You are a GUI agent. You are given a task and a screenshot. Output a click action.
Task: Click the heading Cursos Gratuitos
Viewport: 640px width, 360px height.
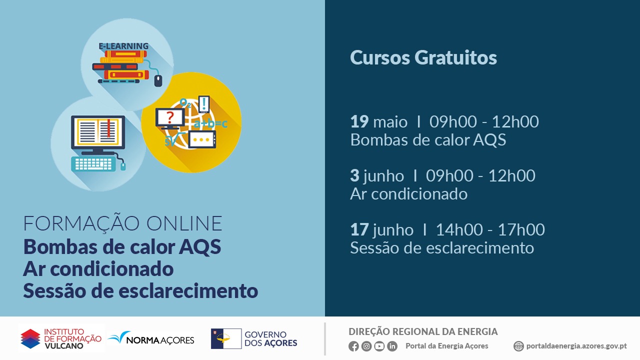click(x=423, y=57)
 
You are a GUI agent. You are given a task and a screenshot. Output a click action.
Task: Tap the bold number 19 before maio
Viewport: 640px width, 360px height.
click(x=359, y=121)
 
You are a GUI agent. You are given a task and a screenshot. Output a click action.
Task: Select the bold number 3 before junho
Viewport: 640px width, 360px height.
click(x=354, y=175)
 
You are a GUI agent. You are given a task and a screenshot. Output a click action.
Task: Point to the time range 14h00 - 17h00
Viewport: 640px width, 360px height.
click(x=490, y=229)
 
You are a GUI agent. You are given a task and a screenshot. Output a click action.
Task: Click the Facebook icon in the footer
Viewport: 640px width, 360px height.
click(x=353, y=346)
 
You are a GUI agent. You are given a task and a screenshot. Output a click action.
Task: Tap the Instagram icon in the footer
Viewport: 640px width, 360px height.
click(x=366, y=346)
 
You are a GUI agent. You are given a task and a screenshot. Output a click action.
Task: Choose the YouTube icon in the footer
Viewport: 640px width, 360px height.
click(x=379, y=346)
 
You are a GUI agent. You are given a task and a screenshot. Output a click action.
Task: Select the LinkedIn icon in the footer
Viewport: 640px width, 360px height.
click(x=392, y=346)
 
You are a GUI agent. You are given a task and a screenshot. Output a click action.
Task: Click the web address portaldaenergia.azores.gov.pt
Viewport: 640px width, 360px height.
click(x=576, y=346)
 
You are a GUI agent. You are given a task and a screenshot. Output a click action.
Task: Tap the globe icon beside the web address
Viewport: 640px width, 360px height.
click(x=518, y=346)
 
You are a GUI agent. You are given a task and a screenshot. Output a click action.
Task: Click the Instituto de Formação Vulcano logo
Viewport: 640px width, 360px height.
click(x=61, y=338)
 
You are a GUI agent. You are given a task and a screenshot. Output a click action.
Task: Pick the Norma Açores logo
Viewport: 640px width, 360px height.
click(x=151, y=338)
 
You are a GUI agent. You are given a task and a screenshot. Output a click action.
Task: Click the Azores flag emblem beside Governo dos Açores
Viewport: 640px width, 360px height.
click(x=226, y=338)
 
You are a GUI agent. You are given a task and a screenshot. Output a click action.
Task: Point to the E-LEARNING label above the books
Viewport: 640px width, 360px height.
click(x=123, y=46)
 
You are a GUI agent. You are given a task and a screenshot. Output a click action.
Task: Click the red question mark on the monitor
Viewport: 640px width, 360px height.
click(x=170, y=117)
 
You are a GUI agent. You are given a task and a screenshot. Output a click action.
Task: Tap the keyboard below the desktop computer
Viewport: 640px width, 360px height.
click(x=93, y=163)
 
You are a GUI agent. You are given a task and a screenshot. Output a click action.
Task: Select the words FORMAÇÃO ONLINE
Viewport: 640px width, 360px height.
click(x=123, y=223)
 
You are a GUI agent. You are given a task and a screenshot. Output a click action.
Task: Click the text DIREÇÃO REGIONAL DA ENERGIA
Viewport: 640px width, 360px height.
click(x=423, y=331)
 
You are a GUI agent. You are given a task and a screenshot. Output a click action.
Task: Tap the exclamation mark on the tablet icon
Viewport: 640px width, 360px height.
click(x=203, y=103)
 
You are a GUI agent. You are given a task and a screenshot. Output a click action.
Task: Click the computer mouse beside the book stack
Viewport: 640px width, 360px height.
click(x=158, y=80)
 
